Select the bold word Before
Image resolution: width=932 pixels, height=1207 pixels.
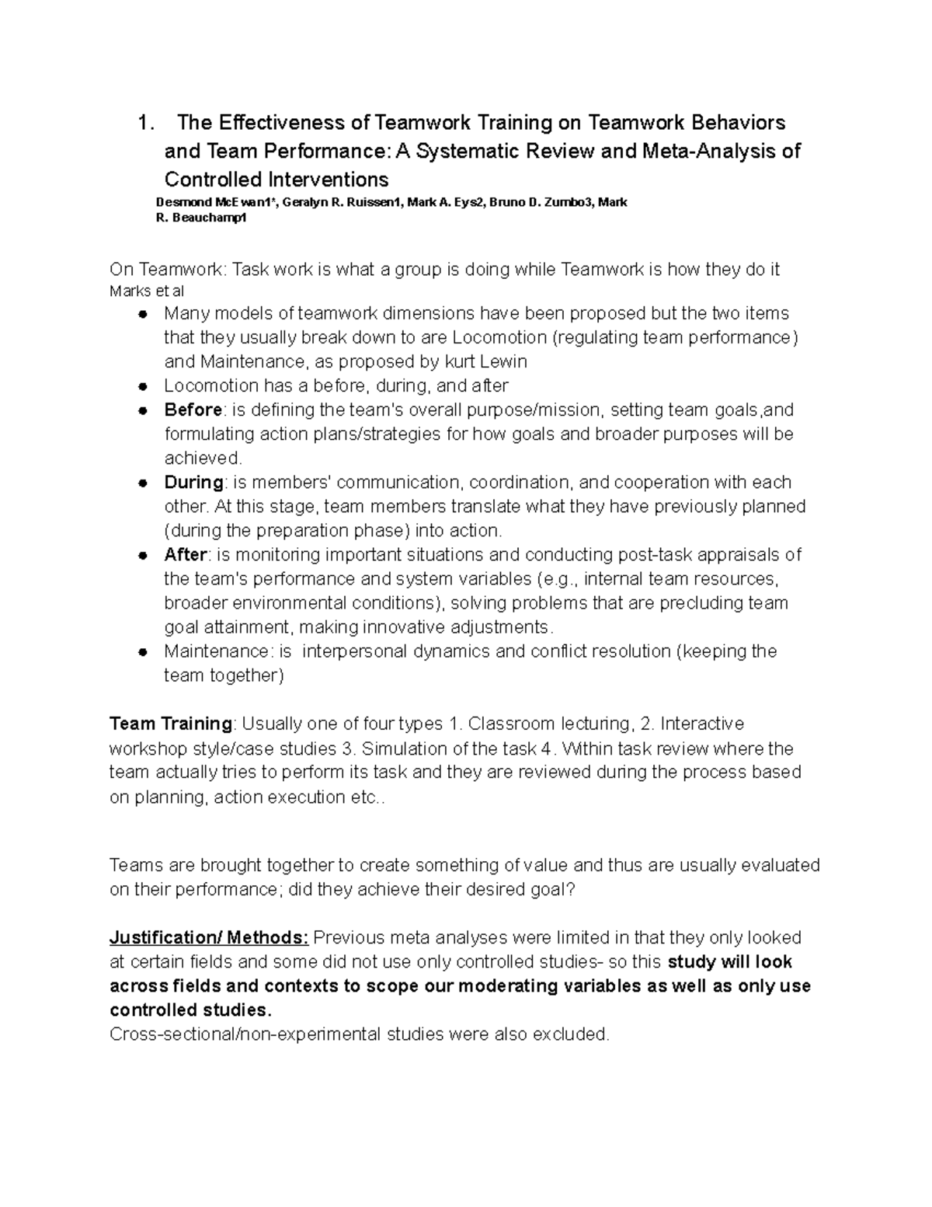click(193, 410)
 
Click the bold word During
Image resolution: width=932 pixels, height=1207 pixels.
click(193, 482)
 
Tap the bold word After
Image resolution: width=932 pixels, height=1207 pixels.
click(185, 554)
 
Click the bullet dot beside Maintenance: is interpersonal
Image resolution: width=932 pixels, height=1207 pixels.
click(142, 652)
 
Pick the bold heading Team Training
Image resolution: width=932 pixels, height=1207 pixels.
click(170, 724)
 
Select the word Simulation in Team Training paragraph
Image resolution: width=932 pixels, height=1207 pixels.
click(405, 748)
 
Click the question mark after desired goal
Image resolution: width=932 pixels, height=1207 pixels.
click(572, 889)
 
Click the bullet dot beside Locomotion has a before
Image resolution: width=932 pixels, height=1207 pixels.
click(142, 386)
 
